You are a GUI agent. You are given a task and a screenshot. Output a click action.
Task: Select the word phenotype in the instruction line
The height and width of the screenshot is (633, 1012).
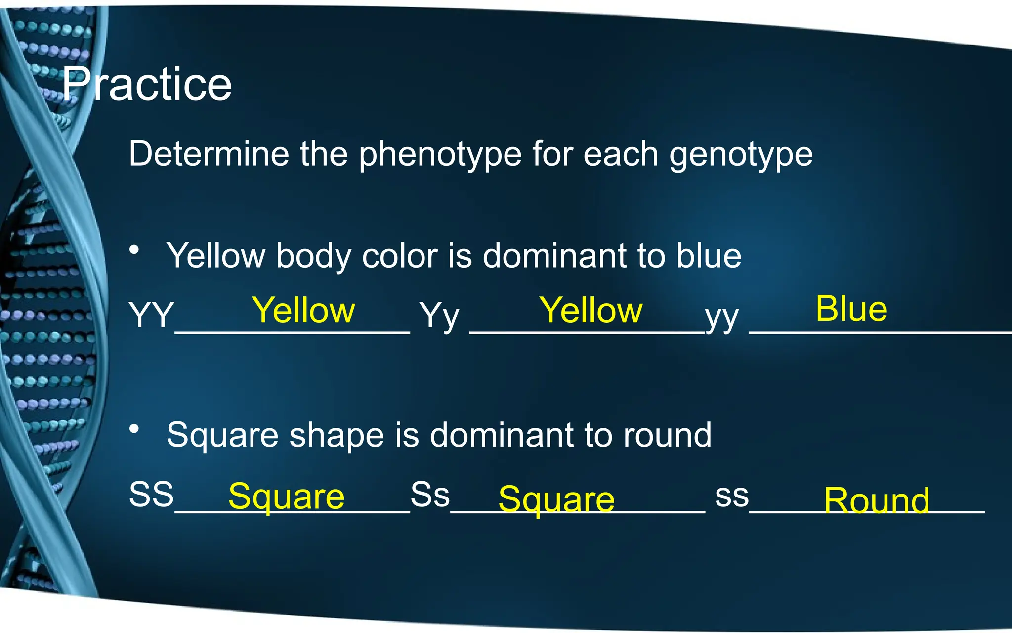(440, 154)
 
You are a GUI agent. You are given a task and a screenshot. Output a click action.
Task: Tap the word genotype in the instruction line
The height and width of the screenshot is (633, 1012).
(741, 154)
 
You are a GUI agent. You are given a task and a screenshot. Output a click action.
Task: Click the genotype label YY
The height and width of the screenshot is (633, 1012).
(151, 315)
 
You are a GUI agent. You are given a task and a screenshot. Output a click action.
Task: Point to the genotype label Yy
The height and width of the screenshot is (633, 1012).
(439, 316)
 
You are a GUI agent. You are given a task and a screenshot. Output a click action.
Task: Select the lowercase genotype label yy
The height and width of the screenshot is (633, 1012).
(722, 316)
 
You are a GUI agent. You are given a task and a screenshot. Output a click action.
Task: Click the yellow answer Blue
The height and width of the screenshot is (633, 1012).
(851, 309)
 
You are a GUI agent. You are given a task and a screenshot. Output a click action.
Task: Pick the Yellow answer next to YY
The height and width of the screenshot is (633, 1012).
(303, 311)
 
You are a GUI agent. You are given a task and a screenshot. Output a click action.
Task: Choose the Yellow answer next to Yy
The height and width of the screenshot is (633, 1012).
(590, 311)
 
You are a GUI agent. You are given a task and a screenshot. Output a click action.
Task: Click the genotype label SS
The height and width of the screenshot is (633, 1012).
(151, 494)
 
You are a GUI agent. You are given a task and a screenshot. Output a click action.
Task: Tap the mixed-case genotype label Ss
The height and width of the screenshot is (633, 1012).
(430, 494)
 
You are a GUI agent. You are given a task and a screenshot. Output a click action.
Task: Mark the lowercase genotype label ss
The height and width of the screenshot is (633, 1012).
(732, 496)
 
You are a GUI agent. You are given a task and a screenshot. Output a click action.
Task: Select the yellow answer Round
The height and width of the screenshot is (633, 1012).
(876, 500)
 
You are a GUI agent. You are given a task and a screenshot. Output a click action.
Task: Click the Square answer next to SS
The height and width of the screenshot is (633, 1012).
(286, 497)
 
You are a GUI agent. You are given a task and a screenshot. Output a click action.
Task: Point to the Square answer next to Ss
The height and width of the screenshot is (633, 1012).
(556, 499)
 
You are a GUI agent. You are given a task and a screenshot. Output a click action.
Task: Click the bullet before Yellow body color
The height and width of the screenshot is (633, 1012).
(134, 250)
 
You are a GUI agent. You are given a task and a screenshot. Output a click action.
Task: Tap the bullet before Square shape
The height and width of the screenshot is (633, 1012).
(134, 429)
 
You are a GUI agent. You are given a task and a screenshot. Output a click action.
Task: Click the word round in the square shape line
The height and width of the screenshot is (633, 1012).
(667, 435)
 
